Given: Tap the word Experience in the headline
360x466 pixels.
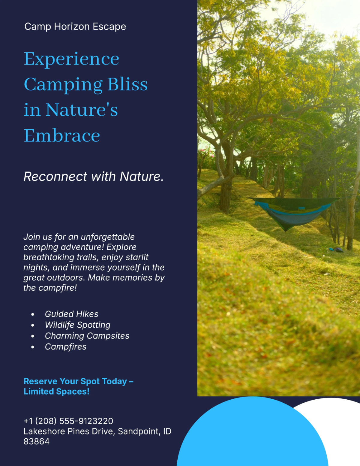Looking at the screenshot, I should pyautogui.click(x=71, y=59).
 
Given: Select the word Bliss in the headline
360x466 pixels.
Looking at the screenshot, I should pyautogui.click(x=127, y=84).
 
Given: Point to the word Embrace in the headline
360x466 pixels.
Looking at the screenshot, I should pyautogui.click(x=62, y=136).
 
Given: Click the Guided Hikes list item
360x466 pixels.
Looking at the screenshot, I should pyautogui.click(x=71, y=314).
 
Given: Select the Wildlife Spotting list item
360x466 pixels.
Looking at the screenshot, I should pyautogui.click(x=77, y=325).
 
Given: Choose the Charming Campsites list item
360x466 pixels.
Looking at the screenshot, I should pyautogui.click(x=87, y=336).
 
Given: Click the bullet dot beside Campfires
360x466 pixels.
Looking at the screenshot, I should pyautogui.click(x=33, y=347).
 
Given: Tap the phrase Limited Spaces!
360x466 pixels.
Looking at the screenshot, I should pyautogui.click(x=56, y=392).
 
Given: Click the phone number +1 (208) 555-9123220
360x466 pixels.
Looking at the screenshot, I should pyautogui.click(x=68, y=421).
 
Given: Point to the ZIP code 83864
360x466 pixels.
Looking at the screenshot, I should pyautogui.click(x=37, y=441).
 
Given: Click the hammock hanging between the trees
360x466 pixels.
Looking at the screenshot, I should pyautogui.click(x=291, y=212).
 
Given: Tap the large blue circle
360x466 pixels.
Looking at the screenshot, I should pyautogui.click(x=252, y=435).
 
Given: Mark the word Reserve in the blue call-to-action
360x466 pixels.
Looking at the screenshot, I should pyautogui.click(x=40, y=381).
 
